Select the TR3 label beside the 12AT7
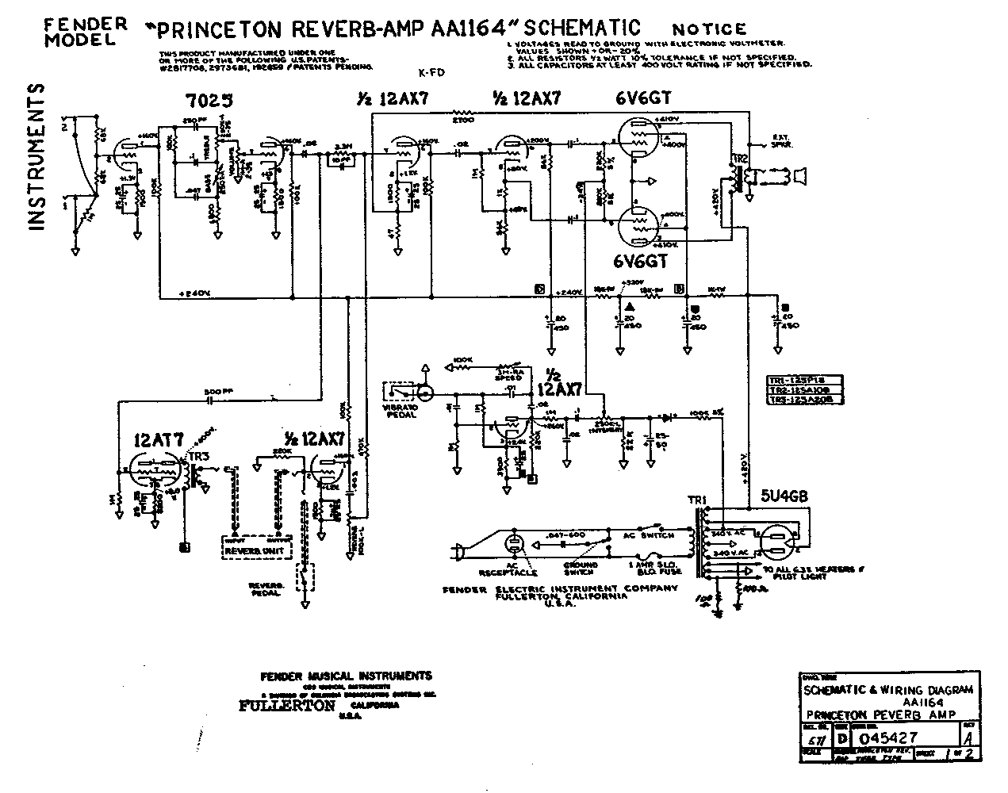click(x=200, y=457)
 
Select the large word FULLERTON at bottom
click(x=286, y=705)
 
